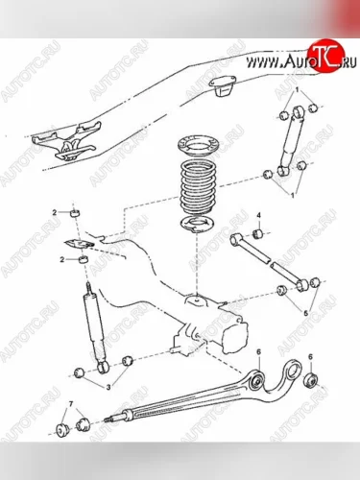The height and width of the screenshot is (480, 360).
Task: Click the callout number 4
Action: point(259,215)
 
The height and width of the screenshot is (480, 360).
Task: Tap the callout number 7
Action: point(70,404)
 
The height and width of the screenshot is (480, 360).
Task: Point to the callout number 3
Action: point(108,388)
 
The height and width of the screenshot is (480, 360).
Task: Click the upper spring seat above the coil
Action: point(196,146)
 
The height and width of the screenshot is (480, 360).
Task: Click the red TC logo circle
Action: point(325,56)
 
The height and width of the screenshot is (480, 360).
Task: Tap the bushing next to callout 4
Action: point(257,234)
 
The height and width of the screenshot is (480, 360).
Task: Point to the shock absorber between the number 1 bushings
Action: point(290,141)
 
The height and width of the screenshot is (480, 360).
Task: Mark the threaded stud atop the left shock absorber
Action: point(89,288)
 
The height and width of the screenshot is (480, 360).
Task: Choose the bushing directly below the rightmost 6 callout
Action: point(311,380)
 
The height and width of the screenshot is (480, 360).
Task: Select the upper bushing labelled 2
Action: point(75,213)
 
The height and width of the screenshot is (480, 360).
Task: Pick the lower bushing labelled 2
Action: point(84,259)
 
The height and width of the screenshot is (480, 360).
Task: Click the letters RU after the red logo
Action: point(349,63)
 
